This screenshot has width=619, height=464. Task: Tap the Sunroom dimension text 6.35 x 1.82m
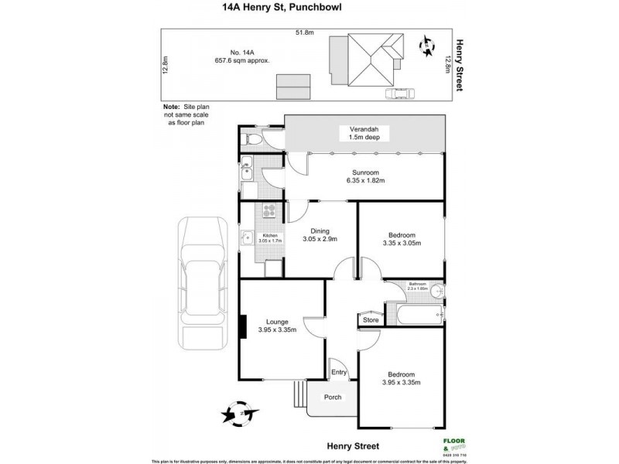pyautogui.click(x=364, y=180)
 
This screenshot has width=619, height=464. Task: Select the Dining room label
pyautogui.click(x=320, y=230)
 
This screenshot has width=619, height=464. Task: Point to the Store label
pyautogui.click(x=371, y=319)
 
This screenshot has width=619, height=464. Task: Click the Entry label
pyautogui.click(x=339, y=372)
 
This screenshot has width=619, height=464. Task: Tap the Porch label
pyautogui.click(x=333, y=398)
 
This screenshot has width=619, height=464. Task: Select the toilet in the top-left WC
pyautogui.click(x=250, y=140)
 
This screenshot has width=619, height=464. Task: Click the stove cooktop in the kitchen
pyautogui.click(x=270, y=212)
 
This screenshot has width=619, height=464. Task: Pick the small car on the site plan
pyautogui.click(x=400, y=94)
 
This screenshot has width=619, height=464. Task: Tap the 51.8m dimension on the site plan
pyautogui.click(x=303, y=32)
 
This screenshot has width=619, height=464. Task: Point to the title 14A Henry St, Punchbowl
pyautogui.click(x=309, y=9)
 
